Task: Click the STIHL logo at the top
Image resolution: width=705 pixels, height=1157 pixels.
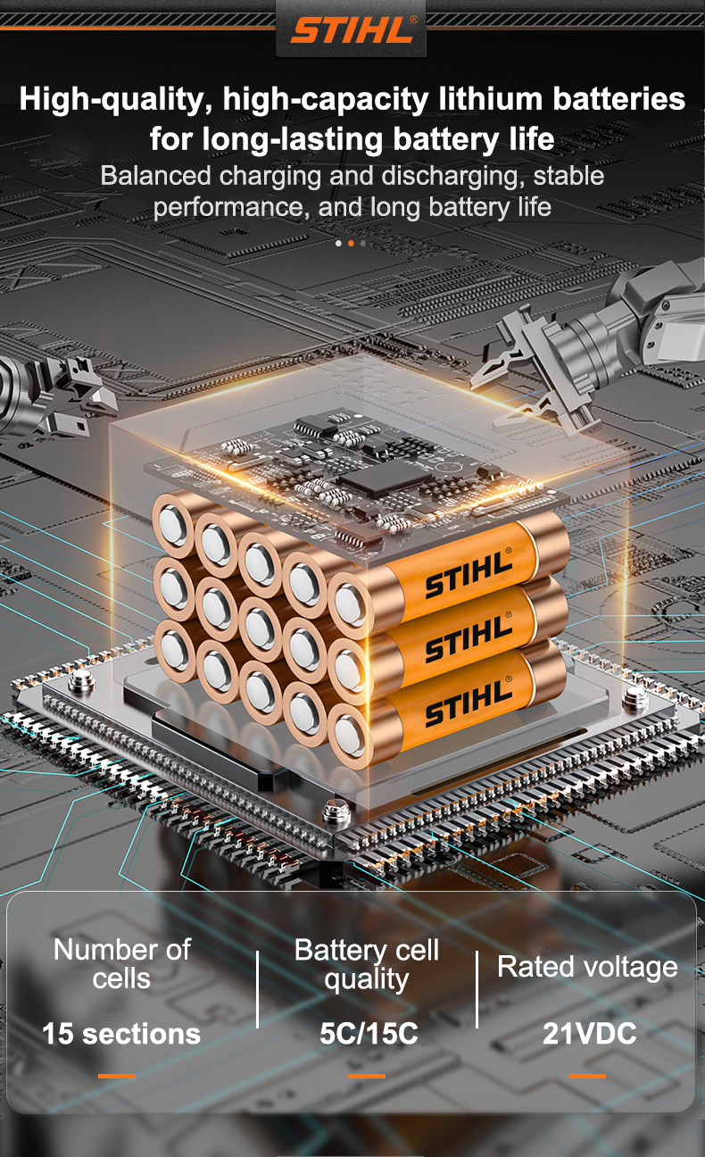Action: coord(352,30)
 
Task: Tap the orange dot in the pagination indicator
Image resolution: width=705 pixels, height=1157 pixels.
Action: coord(351,243)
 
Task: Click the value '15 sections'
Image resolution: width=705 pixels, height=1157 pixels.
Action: coord(121,1034)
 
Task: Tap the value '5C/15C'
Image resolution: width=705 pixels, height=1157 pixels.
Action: coord(367,1034)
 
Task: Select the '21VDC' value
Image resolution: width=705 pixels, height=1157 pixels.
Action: coord(588,1034)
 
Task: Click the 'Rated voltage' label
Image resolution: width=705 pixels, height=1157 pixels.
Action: coord(587,966)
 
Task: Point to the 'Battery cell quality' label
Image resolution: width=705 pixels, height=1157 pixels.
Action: coord(367,965)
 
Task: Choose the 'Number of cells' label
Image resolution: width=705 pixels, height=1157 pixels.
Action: coord(121,964)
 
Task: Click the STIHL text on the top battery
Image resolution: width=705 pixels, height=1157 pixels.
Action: coord(469,573)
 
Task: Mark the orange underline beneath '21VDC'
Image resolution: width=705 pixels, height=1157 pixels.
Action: coord(587,1076)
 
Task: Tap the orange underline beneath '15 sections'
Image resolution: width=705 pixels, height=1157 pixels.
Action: coord(117,1076)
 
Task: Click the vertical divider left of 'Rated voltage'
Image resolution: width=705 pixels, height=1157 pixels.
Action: coord(477,989)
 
